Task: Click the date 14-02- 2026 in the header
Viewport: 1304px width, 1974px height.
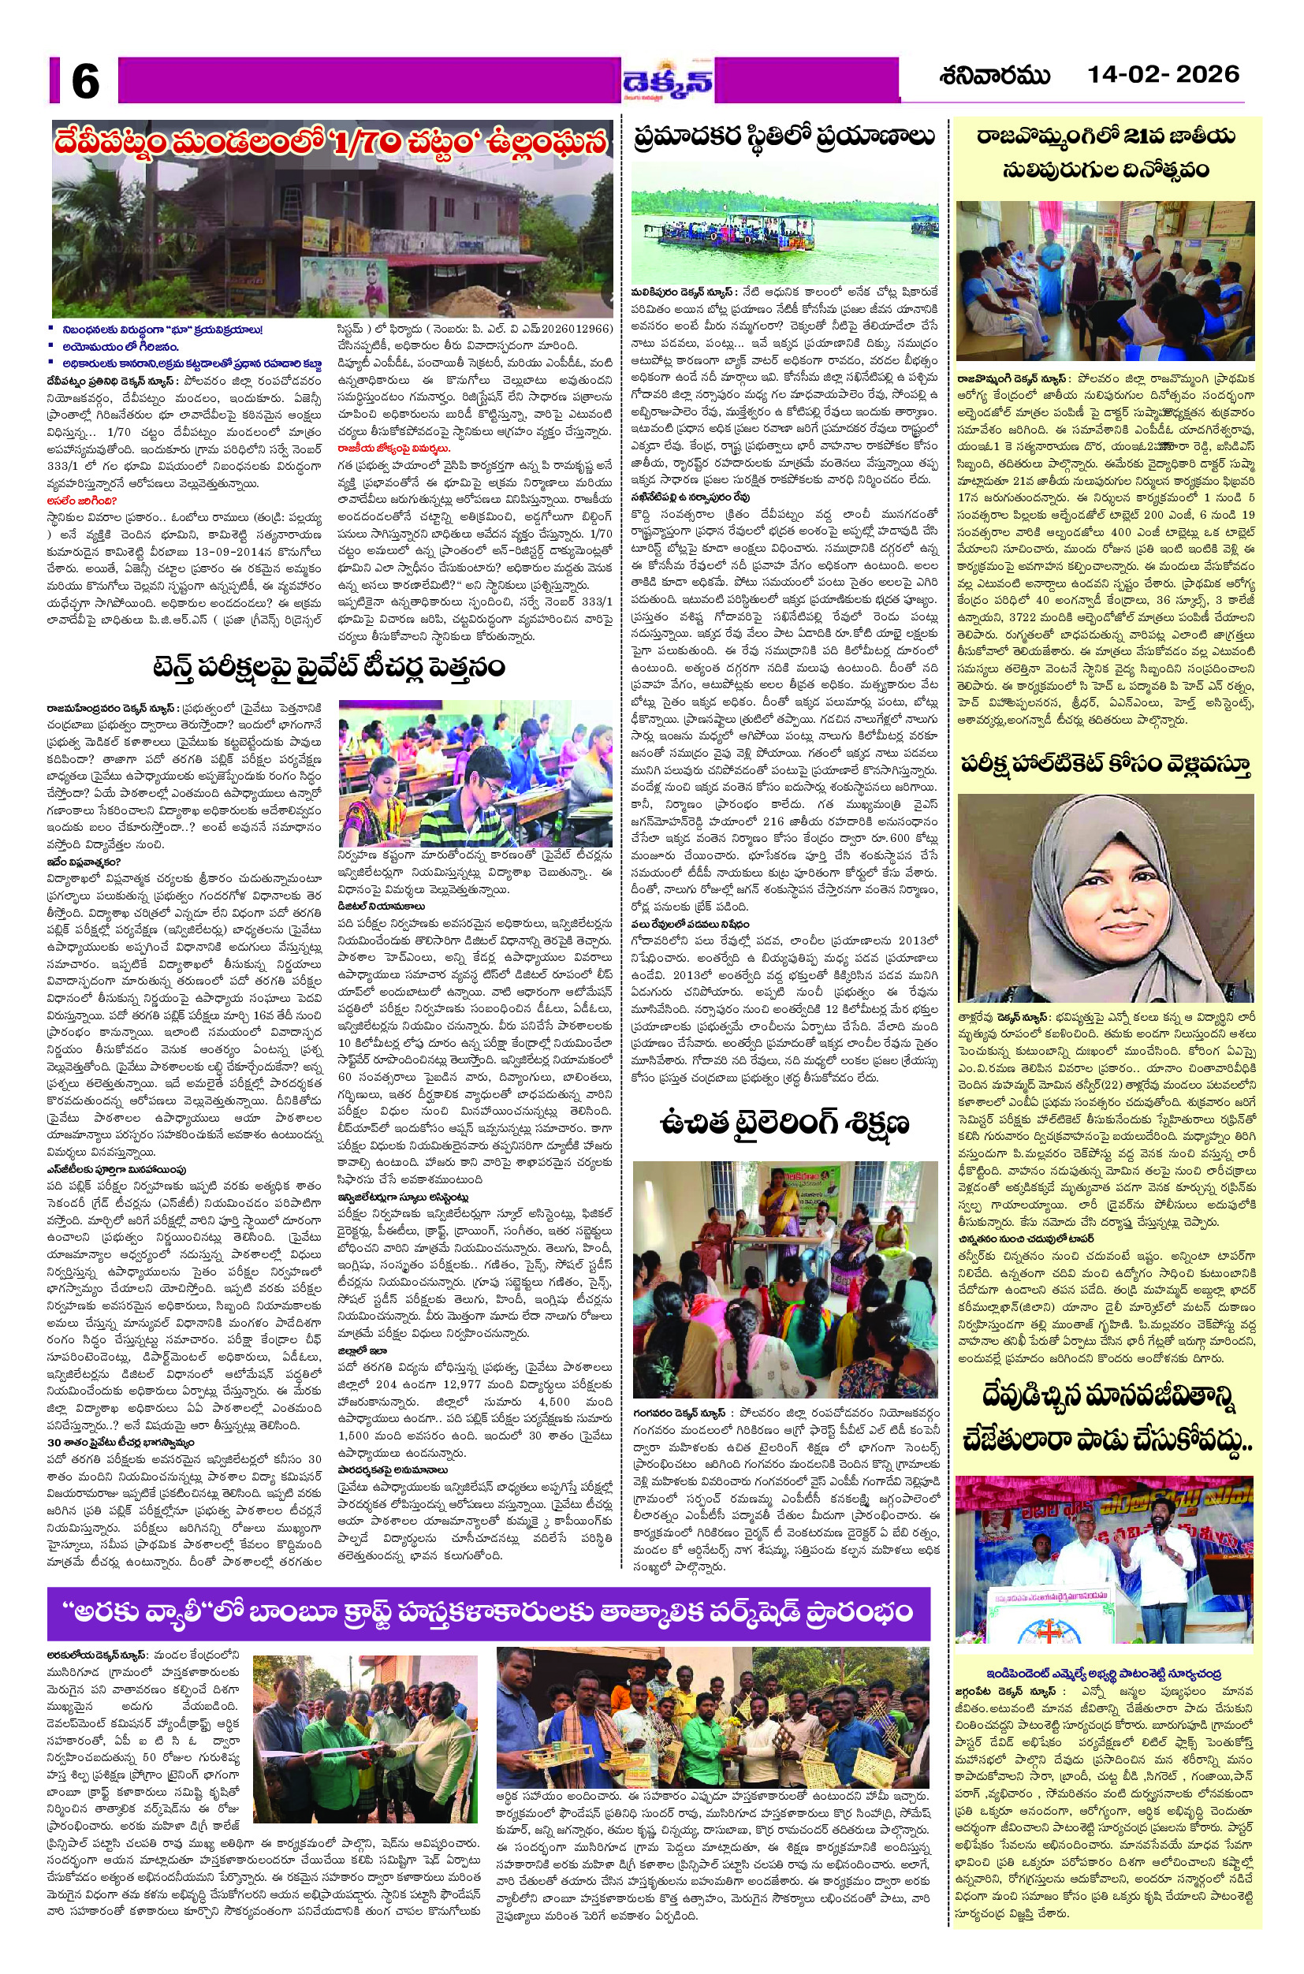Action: pyautogui.click(x=1163, y=75)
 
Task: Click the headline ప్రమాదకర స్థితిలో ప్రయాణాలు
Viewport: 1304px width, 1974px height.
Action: pyautogui.click(x=782, y=136)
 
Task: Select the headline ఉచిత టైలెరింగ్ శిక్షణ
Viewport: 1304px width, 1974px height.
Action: pyautogui.click(x=784, y=1124)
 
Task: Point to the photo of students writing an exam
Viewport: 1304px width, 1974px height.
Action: pyautogui.click(x=475, y=774)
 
